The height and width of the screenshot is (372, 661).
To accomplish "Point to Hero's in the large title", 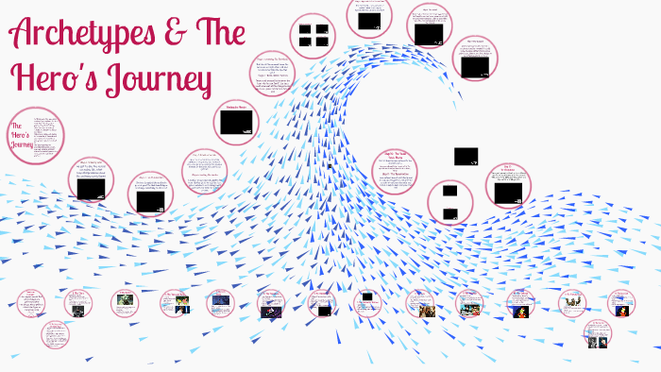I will tap(53, 79).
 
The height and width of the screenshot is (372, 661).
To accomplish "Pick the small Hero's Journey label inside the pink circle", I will tap(20, 137).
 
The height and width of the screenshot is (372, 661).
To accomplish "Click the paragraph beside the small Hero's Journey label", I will tap(48, 135).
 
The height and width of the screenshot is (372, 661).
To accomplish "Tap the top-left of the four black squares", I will tap(306, 29).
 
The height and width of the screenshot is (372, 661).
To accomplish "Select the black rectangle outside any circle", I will tap(466, 156).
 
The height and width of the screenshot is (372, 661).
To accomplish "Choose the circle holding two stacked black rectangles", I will tap(449, 200).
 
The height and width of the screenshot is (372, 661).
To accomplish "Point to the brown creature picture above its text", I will tap(518, 301).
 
